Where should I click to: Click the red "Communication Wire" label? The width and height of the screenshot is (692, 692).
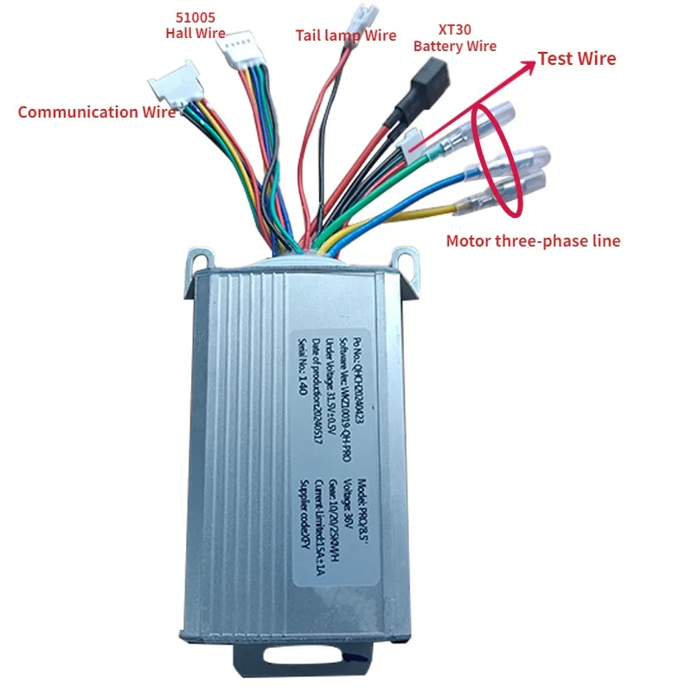97,112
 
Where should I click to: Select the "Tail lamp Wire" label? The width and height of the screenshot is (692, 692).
346,35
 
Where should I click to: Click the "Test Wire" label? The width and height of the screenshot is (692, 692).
577,59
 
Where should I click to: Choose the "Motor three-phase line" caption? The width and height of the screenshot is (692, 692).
533,241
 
